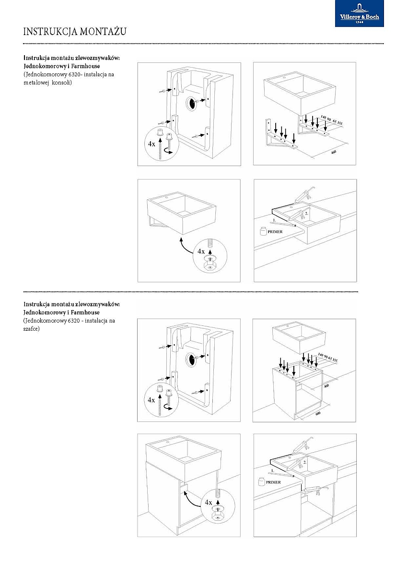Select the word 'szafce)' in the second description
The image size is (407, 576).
(34, 329)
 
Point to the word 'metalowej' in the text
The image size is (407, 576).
(40, 83)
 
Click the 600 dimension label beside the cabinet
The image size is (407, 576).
(317, 413)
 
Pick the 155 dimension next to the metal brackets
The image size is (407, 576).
(339, 123)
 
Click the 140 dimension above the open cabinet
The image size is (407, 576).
(308, 355)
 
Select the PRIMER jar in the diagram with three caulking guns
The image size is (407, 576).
(261, 480)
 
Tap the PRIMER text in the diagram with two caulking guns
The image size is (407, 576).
(275, 231)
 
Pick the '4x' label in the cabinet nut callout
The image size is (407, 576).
(208, 503)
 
